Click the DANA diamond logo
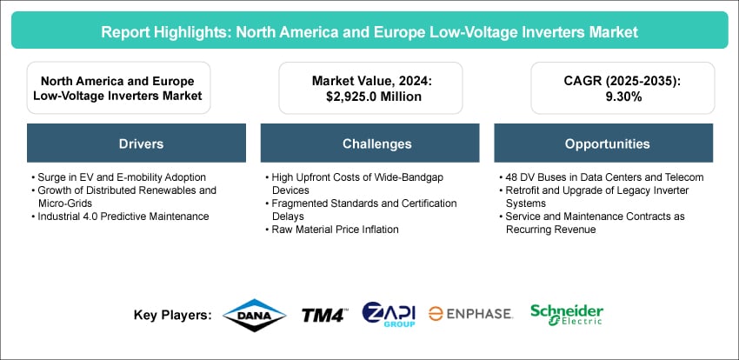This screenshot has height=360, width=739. [x=254, y=316]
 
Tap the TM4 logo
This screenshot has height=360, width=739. [x=324, y=316]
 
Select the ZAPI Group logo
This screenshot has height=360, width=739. [x=389, y=314]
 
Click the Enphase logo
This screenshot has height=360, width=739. [x=470, y=314]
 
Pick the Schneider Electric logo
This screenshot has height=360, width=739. [x=567, y=315]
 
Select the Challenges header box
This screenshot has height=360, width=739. [x=370, y=143]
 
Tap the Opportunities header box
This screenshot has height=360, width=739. [x=603, y=143]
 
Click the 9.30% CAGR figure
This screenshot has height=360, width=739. [x=622, y=97]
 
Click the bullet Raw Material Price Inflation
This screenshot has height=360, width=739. [x=331, y=230]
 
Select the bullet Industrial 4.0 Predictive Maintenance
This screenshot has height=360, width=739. [x=120, y=217]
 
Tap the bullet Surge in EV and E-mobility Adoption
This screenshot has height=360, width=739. [x=118, y=177]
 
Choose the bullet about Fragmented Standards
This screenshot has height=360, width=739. [x=361, y=210]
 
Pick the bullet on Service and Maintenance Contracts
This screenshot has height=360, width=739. [x=591, y=223]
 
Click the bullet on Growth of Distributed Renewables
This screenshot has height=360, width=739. [x=123, y=197]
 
